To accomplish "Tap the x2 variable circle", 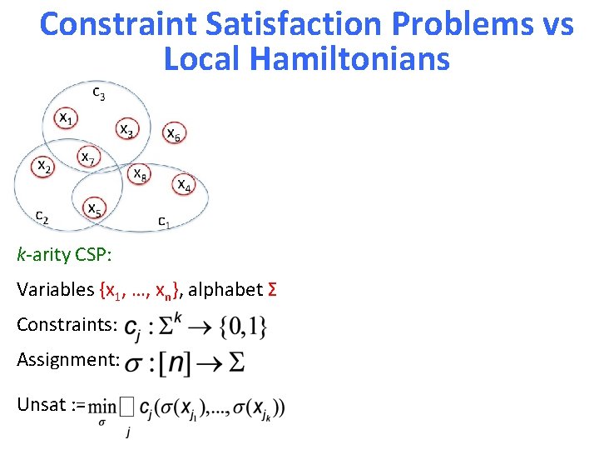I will (44, 167).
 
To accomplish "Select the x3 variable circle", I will (126, 128).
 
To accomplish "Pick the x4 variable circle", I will (185, 184).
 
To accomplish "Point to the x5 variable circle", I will (94, 208).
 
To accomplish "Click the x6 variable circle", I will (172, 132).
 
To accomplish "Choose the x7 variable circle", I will (88, 156).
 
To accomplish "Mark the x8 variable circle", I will (140, 173).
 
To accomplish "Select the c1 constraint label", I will (165, 221).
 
